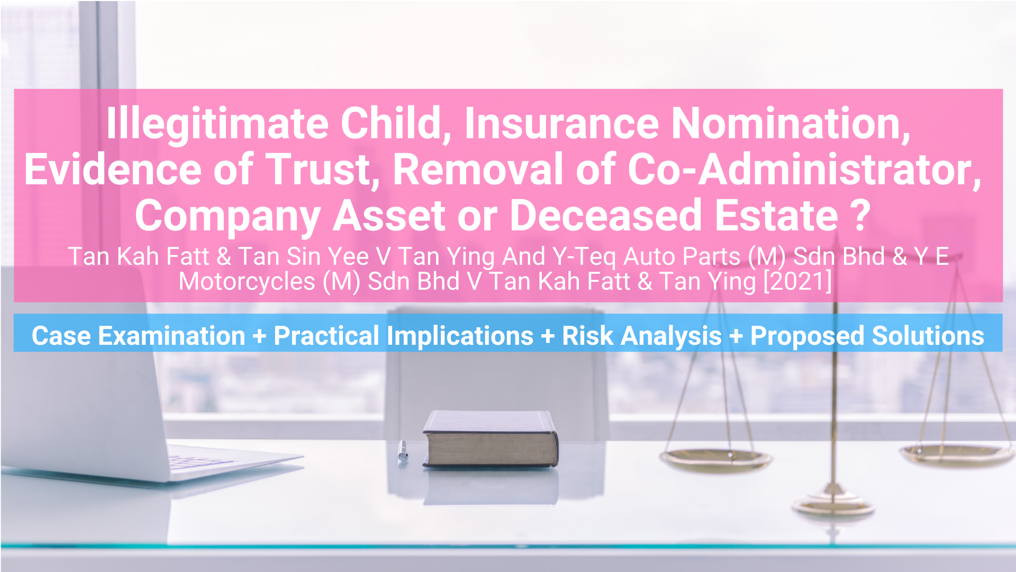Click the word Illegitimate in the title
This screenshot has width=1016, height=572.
[217, 124]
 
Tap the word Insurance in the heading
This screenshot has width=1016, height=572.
[561, 123]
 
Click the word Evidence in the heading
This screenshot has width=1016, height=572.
[113, 169]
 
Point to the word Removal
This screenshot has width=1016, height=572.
[478, 169]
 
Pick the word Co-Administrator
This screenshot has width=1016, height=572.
[804, 169]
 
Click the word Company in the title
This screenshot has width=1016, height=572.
[228, 216]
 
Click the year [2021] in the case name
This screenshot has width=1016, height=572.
[797, 281]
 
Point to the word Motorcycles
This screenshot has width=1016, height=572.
[247, 281]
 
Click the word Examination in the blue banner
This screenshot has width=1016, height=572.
[171, 336]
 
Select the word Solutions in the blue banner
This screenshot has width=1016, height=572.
[928, 336]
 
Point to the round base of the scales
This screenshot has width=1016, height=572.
[833, 503]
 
